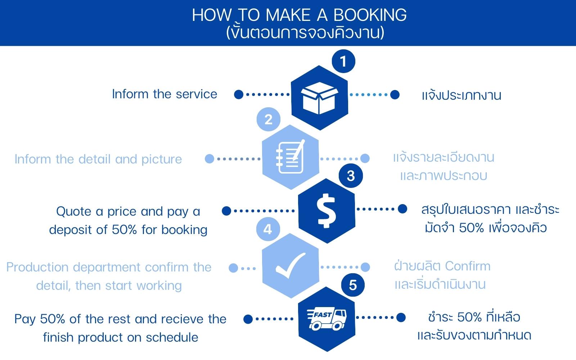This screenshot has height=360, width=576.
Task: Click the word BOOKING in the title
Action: point(370,15)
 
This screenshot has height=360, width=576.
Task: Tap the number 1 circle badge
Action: point(343,61)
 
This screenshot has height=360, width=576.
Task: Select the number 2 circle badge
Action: point(269,119)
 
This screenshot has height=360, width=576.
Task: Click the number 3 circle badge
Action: point(351,176)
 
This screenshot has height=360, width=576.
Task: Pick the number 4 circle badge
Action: point(268,229)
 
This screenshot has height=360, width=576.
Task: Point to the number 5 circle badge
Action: point(353,285)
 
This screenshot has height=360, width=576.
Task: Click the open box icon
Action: point(319,98)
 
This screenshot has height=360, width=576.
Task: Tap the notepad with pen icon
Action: point(291,157)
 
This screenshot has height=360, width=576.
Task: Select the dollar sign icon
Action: point(326,211)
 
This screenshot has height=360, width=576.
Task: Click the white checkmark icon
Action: point(291,265)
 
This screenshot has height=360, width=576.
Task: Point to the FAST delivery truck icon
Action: point(327,319)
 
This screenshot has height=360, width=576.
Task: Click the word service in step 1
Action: point(197,94)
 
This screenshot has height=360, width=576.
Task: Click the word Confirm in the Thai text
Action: point(468,266)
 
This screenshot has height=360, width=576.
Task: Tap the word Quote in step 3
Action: point(73,212)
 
